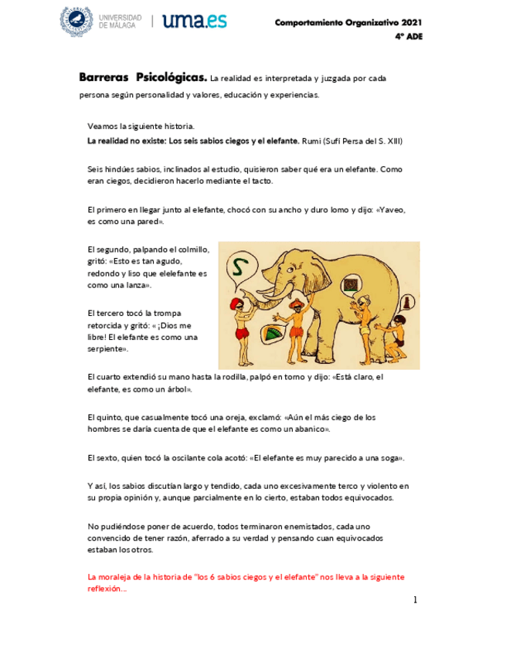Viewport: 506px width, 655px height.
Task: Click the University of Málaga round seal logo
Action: pos(76,20)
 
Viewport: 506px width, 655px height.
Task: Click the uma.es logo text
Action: pos(195,21)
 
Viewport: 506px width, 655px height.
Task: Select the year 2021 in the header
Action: pos(409,22)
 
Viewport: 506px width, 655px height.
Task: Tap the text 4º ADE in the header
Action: pos(409,36)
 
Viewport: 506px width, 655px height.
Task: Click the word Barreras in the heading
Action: pos(104,78)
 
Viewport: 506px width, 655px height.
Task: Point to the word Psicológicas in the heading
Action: pos(171,78)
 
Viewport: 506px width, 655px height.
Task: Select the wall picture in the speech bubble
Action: pos(351,284)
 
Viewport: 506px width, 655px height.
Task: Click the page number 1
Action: pos(414,600)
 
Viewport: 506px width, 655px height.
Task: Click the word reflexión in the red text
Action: pos(105,589)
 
